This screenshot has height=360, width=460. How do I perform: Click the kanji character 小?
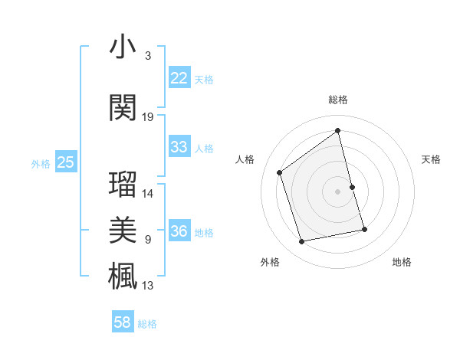(x=123, y=47)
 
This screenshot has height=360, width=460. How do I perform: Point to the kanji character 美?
(x=123, y=229)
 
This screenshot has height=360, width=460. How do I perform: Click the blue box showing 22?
(x=179, y=78)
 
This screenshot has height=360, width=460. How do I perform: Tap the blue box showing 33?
(x=179, y=147)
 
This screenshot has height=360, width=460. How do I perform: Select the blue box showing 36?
(x=179, y=231)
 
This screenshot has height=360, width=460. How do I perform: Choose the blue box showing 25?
(x=65, y=162)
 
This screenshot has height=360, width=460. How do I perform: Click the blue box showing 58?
(x=123, y=322)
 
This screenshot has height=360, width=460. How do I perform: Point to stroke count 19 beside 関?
(x=148, y=117)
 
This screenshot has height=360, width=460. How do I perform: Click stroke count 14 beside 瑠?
(x=148, y=194)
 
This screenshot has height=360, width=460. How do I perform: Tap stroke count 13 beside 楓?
(x=148, y=286)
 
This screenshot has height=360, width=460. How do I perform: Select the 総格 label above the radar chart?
(x=338, y=100)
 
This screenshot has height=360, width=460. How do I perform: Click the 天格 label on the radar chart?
(x=432, y=159)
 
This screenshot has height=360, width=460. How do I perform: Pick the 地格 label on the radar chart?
(x=402, y=262)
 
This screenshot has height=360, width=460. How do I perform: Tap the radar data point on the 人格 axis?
(x=280, y=172)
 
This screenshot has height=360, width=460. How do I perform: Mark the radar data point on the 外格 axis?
(x=302, y=242)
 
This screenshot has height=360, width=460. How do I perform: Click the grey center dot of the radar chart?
(x=338, y=191)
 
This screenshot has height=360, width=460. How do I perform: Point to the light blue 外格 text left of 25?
(x=41, y=163)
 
